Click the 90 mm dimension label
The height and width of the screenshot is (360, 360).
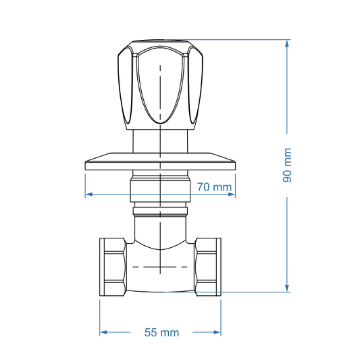pyautogui.click(x=287, y=165)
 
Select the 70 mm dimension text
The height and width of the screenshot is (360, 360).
pyautogui.click(x=214, y=187)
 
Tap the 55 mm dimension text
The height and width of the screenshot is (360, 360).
pyautogui.click(x=161, y=332)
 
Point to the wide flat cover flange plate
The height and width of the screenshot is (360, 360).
pyautogui.click(x=160, y=163)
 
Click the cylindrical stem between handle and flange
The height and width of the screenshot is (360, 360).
pyautogui.click(x=160, y=142)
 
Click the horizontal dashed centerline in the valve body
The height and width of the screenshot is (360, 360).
pyautogui.click(x=160, y=267)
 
